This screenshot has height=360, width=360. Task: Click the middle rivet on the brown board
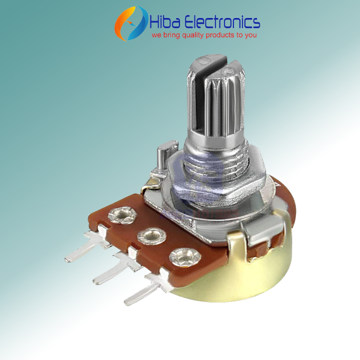point(149,234)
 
